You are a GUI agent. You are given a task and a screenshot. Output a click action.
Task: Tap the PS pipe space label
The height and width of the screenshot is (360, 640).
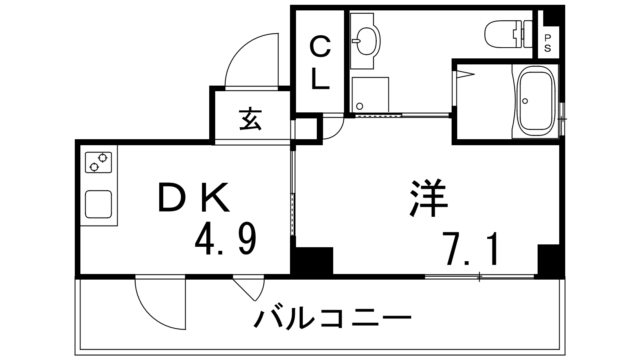point(548,44)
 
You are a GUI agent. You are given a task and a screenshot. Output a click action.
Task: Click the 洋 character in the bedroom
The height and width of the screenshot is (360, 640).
point(428,198)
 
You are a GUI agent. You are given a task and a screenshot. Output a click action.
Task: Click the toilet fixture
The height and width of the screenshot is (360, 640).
point(508,34)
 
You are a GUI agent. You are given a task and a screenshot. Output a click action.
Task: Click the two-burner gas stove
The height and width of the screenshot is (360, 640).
point(98,162)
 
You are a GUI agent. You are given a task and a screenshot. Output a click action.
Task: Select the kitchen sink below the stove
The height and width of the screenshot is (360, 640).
point(98,204)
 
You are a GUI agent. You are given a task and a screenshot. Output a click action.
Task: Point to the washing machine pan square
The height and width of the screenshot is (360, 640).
point(370,94)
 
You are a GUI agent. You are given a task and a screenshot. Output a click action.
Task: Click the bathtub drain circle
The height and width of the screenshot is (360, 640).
point(525,101)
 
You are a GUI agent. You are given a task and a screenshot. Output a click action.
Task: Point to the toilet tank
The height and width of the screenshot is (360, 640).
point(528,34)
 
